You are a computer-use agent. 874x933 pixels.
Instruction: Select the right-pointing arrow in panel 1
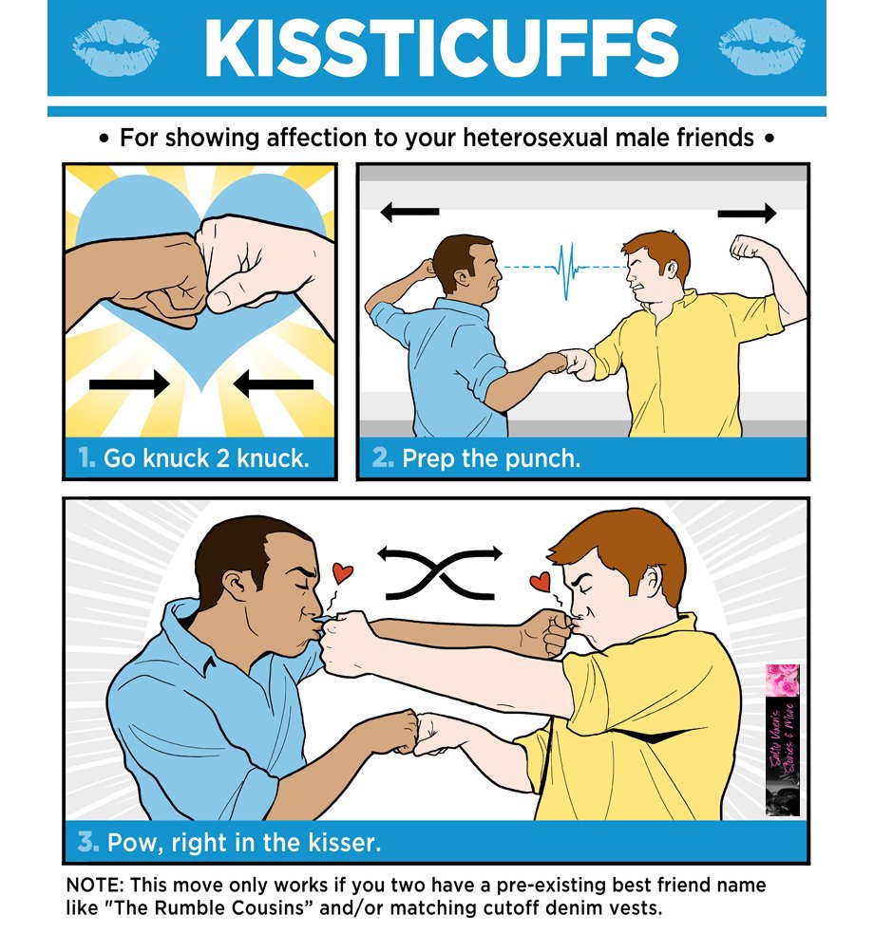(x=129, y=383)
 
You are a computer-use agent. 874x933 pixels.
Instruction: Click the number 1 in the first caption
(x=87, y=458)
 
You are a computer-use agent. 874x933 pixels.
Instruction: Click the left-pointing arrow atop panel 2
(x=409, y=214)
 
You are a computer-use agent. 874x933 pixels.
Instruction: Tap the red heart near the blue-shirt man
(x=343, y=572)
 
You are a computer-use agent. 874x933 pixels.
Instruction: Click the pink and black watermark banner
(x=783, y=740)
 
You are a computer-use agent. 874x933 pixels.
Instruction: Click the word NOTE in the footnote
(x=93, y=884)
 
